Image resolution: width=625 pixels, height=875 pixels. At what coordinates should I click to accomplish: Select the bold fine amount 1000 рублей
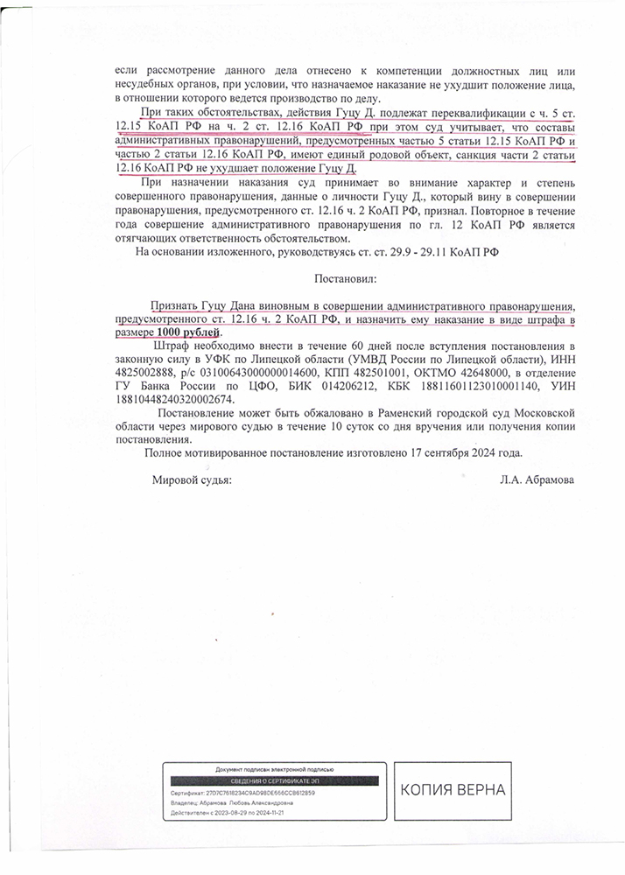(x=189, y=332)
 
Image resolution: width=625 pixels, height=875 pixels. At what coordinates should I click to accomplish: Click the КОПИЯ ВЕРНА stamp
(x=453, y=790)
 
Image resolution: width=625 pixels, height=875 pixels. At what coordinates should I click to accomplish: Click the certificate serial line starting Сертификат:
(x=242, y=793)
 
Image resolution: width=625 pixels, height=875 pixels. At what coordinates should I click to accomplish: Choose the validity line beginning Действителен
(x=228, y=813)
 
